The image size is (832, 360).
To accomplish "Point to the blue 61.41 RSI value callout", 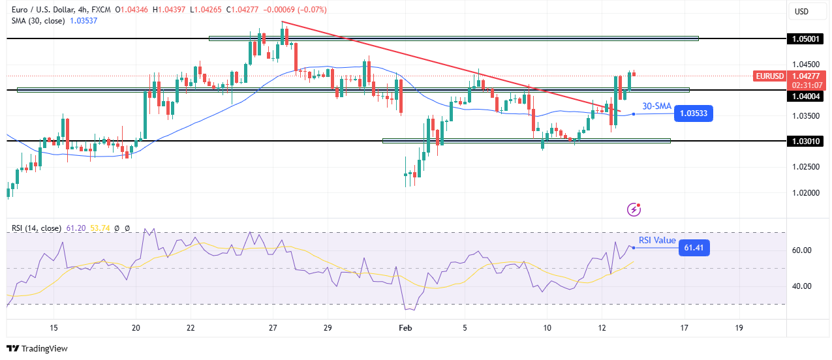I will click(694, 248).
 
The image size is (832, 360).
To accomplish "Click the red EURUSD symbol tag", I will click(769, 76).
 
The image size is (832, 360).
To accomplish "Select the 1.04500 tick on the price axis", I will click(805, 65).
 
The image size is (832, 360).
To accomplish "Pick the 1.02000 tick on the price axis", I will click(805, 192).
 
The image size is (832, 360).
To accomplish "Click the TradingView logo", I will click(37, 348).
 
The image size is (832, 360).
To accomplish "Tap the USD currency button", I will click(801, 11).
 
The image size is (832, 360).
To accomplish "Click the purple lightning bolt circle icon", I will click(633, 209).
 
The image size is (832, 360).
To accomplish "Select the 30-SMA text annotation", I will click(656, 106).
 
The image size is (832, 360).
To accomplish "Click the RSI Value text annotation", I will click(656, 240).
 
